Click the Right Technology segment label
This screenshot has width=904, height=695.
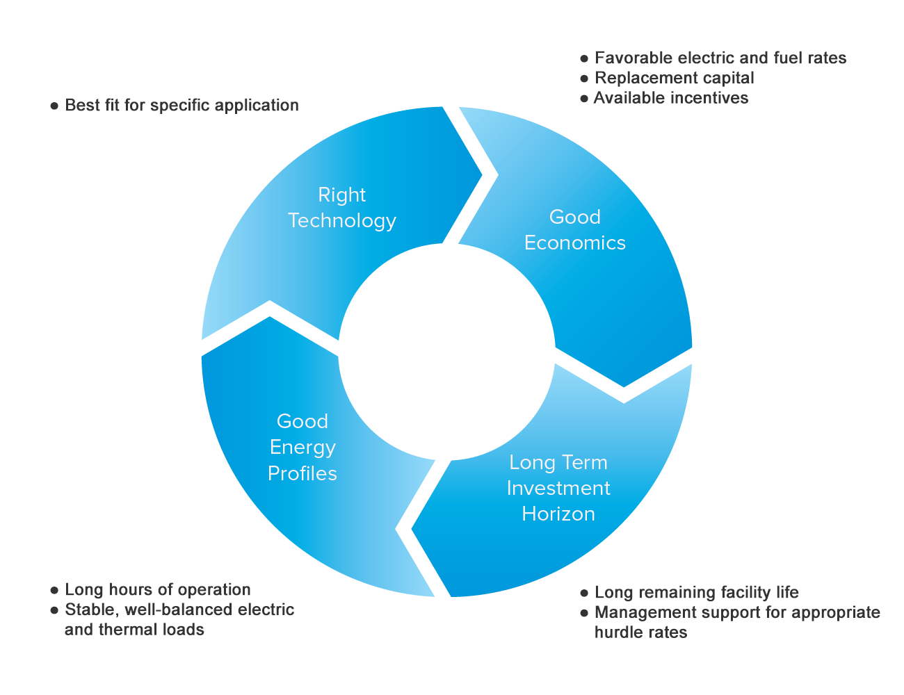pos(341,208)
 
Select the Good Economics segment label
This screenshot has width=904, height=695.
pos(574,230)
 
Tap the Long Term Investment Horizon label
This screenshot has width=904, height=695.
pos(558,488)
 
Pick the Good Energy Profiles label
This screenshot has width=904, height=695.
pos(302,447)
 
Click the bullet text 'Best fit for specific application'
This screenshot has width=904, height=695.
pos(181,106)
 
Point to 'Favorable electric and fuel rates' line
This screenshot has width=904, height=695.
pos(720,58)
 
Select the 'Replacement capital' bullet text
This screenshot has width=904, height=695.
pos(674,78)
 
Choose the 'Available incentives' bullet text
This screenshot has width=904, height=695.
pos(671,98)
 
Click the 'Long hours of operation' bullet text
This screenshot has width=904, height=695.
pos(157,590)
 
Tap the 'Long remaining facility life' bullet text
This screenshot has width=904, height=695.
pos(697,593)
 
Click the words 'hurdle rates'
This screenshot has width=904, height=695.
pos(640,632)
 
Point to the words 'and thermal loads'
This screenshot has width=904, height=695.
pos(134,630)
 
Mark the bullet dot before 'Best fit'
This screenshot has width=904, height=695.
pos(54,106)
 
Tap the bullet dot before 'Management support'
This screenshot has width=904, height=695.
pos(584,613)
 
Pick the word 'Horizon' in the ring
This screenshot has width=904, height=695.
pos(558,514)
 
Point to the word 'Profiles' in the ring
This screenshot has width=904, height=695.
pos(302,473)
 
